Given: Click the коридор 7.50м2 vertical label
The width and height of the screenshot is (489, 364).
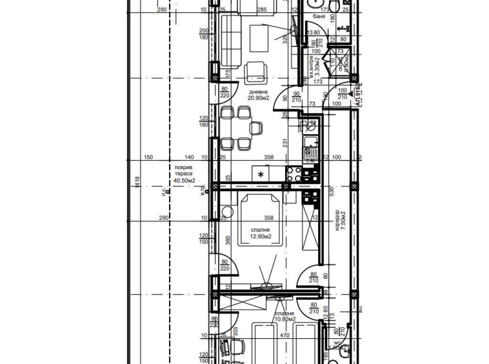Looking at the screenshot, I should click(340, 219).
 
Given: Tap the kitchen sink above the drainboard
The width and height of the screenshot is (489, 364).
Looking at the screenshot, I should click(310, 143).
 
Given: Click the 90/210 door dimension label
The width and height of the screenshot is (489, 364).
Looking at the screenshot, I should click(296, 97).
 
